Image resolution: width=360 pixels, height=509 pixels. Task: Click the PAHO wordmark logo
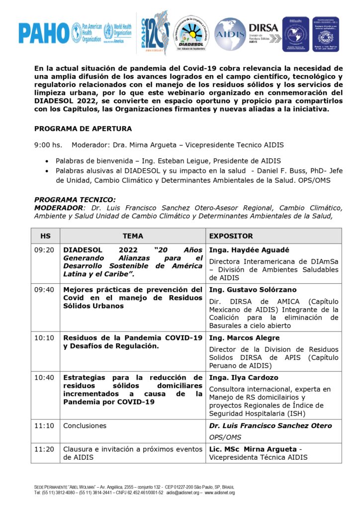tap(44, 33)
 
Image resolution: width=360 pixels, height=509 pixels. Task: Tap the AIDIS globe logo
tap(229, 34)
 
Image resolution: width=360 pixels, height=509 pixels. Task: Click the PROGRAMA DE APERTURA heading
tap(83, 129)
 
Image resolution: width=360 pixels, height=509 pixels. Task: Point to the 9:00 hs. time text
tap(48, 145)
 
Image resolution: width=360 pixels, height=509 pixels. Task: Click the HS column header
tap(45, 236)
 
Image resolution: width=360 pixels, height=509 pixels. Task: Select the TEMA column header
tap(133, 236)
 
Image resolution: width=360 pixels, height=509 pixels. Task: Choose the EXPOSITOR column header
tap(231, 236)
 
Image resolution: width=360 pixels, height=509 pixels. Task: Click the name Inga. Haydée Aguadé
tap(243, 250)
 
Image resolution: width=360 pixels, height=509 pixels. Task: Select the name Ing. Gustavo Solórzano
tap(246, 290)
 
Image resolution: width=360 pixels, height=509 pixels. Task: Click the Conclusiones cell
tap(85, 426)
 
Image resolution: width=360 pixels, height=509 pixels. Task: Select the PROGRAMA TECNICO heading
tap(75, 199)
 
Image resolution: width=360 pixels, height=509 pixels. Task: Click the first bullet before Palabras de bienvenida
tap(47, 161)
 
